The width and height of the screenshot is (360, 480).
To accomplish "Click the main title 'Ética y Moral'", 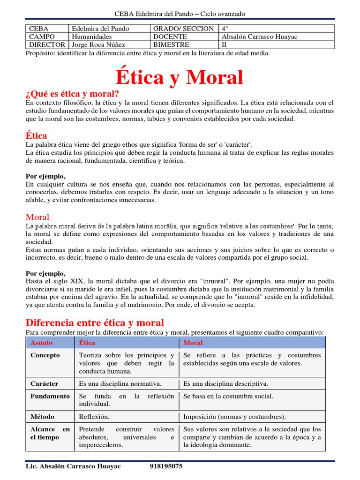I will (180, 77).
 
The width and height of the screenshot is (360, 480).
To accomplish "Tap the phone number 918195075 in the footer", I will (166, 466).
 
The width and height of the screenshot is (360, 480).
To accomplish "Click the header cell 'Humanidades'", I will (92, 37).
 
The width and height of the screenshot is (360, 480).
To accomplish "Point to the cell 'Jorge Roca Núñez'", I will (98, 45).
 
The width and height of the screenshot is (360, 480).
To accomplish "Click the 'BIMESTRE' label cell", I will (171, 45).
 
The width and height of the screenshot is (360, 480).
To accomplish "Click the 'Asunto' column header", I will (42, 343).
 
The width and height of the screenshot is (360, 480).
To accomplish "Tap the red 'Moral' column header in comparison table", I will (193, 343).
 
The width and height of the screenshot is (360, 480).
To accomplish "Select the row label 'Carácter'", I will (45, 383).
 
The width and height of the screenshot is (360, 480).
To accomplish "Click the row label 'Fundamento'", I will (50, 396).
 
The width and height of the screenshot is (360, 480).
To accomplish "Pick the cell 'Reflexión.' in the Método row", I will (94, 416).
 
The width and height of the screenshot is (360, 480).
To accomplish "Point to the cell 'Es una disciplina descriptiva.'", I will (226, 383).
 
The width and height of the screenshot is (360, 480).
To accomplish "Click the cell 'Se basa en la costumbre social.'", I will (228, 396).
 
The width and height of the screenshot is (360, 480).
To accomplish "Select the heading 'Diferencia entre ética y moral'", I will (95, 322).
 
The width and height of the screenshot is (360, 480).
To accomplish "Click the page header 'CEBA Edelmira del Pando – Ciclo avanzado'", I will (180, 14).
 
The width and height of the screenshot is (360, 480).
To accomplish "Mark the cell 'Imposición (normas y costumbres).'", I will (234, 416).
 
